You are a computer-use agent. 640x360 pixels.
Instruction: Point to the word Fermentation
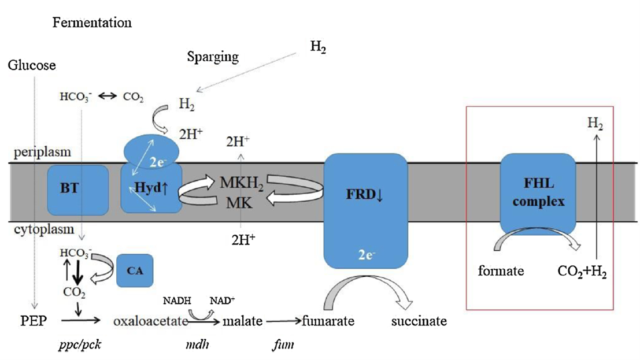click(92, 23)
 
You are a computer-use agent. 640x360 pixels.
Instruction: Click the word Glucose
click(32, 65)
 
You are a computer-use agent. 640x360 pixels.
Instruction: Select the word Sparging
click(213, 57)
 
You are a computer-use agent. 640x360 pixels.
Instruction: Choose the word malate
click(243, 321)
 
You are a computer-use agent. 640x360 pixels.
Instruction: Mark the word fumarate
click(328, 321)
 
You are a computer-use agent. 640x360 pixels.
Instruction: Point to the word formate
click(502, 270)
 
